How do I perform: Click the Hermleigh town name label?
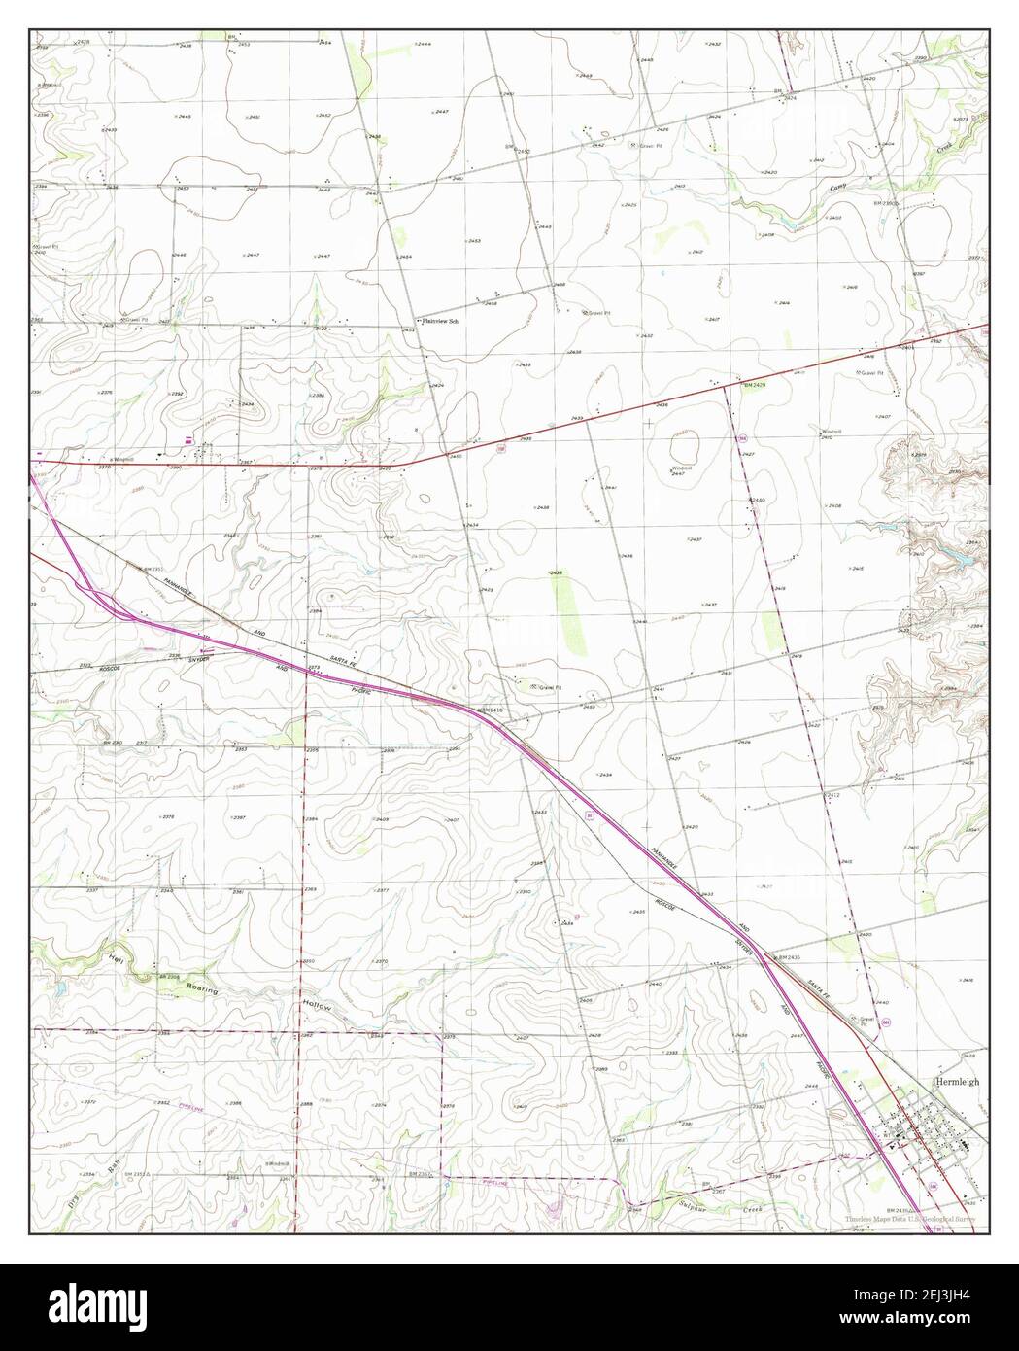[958, 1081]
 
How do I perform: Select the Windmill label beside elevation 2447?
[679, 468]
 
